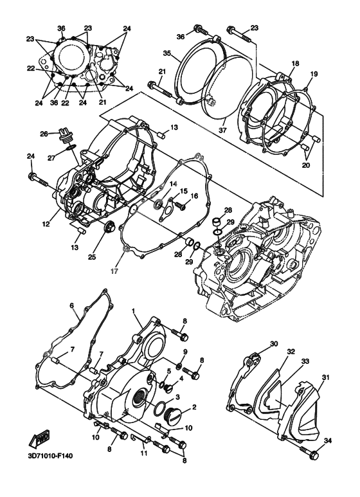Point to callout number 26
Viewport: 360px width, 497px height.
point(44,134)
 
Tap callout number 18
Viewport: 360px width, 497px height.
point(295,63)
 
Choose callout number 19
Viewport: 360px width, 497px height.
point(314,74)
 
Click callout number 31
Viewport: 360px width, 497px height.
point(325,377)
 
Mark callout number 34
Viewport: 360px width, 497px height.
point(328,441)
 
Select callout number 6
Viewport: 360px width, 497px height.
point(72,306)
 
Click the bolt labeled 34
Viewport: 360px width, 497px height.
point(313,455)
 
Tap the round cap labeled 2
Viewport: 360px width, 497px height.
point(174,415)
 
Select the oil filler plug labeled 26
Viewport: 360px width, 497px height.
point(62,136)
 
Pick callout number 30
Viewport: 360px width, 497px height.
point(273,345)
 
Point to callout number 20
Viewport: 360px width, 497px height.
point(305,164)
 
